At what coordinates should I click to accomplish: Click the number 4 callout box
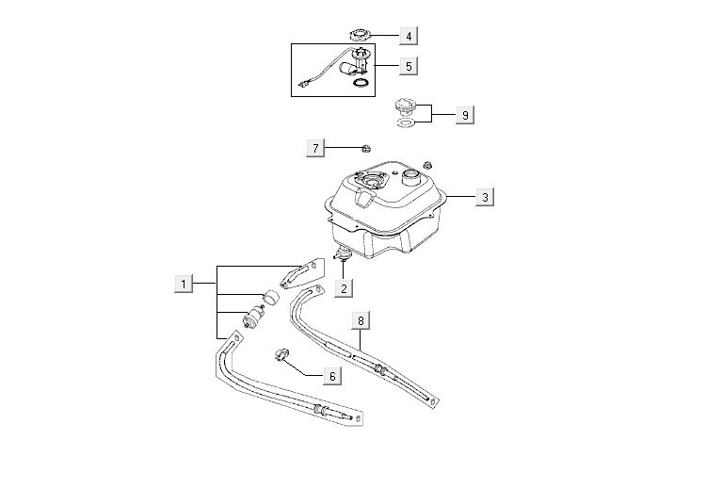point(408,36)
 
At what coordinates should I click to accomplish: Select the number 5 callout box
point(408,66)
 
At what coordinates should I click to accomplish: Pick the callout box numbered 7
point(316,148)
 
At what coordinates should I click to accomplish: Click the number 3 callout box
point(484,197)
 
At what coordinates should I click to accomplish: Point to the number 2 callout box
point(345,287)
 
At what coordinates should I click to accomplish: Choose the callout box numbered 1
point(185,283)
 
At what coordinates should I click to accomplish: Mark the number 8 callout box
point(361,320)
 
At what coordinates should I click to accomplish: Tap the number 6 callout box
point(330,375)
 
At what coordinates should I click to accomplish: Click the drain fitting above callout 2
point(344,253)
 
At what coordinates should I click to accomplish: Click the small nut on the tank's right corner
point(427,166)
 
